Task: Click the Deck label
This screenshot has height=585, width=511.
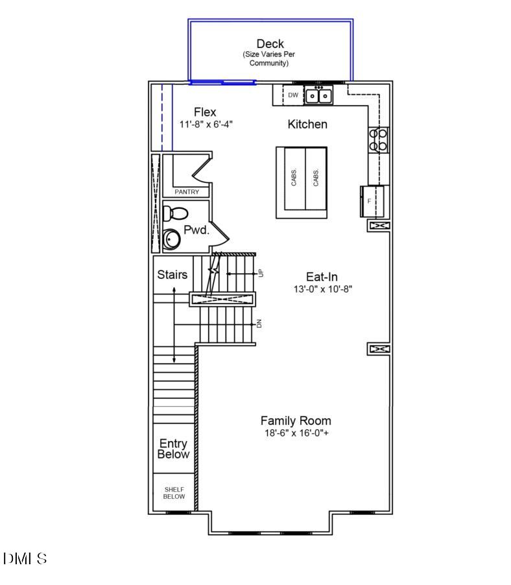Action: pyautogui.click(x=270, y=44)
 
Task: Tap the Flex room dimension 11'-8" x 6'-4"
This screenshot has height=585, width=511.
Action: pyautogui.click(x=206, y=124)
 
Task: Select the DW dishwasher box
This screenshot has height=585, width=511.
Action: pyautogui.click(x=293, y=95)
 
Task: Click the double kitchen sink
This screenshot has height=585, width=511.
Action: pyautogui.click(x=318, y=96)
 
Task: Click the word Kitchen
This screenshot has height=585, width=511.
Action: pyautogui.click(x=307, y=124)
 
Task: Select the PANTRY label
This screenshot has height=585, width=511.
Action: pyautogui.click(x=187, y=192)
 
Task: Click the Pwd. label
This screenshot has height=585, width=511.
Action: pyautogui.click(x=196, y=230)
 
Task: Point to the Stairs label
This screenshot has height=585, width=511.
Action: pyautogui.click(x=172, y=274)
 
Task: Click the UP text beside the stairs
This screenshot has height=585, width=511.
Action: pyautogui.click(x=261, y=274)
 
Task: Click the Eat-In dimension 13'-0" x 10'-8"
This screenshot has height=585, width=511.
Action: pyautogui.click(x=322, y=289)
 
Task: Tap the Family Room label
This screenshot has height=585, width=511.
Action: pyautogui.click(x=296, y=420)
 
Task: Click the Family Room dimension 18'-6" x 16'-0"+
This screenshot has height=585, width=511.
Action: pyautogui.click(x=296, y=433)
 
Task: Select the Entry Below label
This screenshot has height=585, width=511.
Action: pyautogui.click(x=173, y=449)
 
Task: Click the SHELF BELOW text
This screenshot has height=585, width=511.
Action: pyautogui.click(x=174, y=493)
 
